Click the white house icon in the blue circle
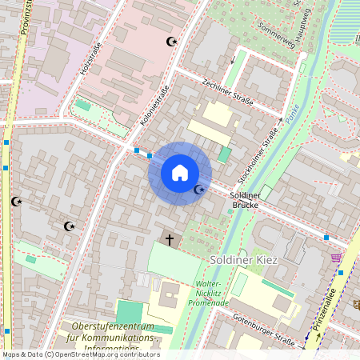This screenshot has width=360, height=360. (x=180, y=172)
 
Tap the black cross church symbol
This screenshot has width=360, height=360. (x=169, y=238)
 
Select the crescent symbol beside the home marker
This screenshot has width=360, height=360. (x=199, y=190)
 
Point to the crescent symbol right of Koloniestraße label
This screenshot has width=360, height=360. (x=170, y=42)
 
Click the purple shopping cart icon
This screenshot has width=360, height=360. (x=336, y=258)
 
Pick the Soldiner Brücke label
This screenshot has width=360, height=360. (x=246, y=200)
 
